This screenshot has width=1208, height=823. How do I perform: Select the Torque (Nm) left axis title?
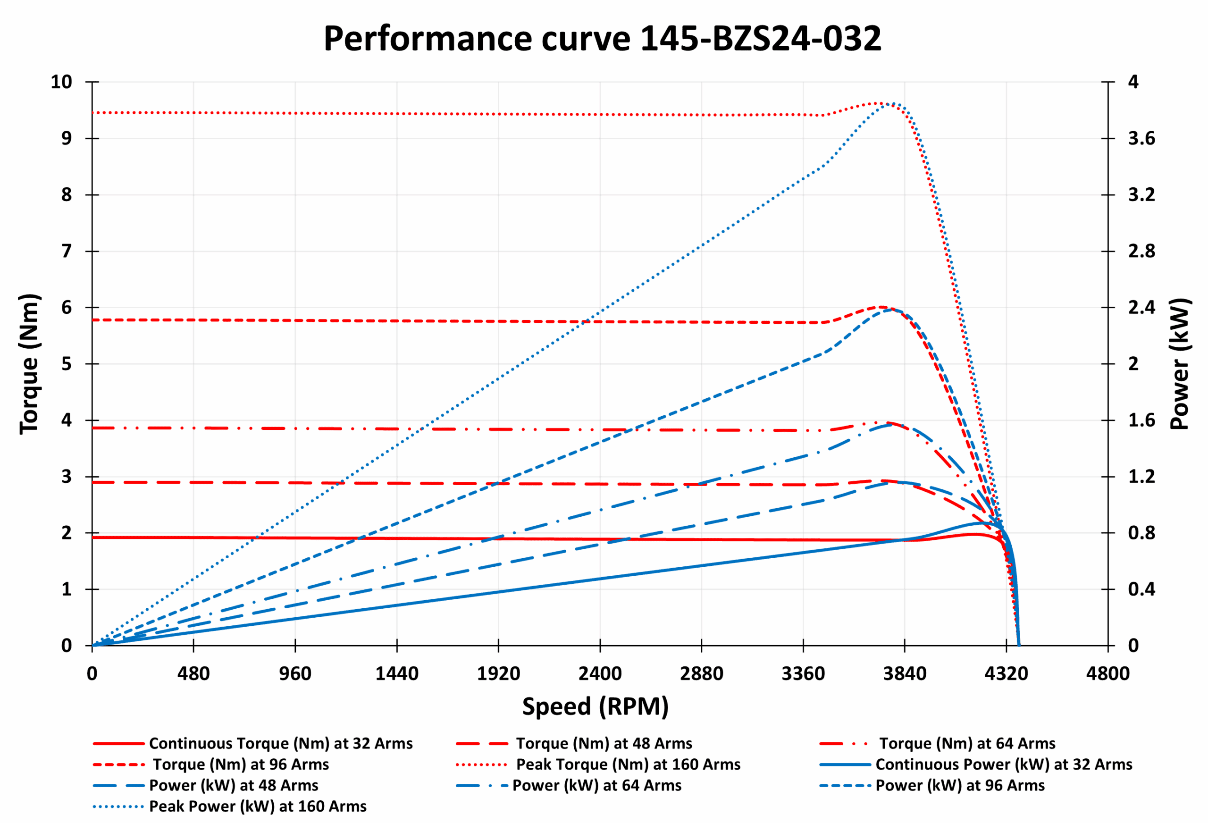[30, 364]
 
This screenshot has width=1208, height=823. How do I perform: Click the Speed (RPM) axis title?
[595, 706]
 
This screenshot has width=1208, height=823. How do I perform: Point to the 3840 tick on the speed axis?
[905, 674]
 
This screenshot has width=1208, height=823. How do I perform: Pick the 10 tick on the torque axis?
[61, 82]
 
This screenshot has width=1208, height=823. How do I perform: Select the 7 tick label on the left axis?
[67, 251]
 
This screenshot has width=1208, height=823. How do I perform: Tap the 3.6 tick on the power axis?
[1141, 138]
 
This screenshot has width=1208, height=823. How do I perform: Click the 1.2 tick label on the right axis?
[1141, 476]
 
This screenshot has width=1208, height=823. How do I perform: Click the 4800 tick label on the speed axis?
[1107, 674]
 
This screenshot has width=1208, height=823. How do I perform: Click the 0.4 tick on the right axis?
[1141, 589]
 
